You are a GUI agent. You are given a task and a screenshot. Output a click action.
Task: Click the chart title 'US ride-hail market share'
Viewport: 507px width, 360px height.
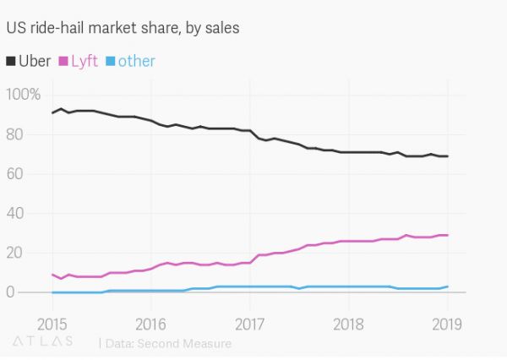123,28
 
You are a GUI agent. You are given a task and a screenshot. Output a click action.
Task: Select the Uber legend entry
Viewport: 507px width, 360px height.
34,61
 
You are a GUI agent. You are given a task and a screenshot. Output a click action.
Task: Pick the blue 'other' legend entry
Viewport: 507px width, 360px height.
135,61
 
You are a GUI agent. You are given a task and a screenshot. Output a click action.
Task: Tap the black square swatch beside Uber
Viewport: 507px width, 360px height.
11,62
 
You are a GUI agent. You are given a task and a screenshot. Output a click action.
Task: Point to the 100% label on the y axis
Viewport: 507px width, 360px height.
23,95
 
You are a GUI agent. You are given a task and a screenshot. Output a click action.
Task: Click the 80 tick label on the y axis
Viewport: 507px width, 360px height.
15,134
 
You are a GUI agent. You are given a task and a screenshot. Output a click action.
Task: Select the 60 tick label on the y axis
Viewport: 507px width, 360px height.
15,174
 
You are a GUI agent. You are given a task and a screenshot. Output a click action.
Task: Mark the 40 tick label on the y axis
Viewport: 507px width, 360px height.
15,214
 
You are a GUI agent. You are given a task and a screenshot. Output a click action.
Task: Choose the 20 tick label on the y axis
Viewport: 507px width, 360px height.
15,254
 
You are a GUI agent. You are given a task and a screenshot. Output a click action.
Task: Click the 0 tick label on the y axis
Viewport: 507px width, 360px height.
10,292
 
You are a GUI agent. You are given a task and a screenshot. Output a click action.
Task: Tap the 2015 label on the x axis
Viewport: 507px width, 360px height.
52,324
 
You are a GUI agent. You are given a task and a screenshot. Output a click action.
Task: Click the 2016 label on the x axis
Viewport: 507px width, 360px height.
150,324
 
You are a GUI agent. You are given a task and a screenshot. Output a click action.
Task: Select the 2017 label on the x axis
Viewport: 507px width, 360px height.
250,324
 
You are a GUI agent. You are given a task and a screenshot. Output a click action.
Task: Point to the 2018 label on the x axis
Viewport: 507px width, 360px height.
348,324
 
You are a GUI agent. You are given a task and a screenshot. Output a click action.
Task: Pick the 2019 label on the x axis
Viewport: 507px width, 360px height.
447,324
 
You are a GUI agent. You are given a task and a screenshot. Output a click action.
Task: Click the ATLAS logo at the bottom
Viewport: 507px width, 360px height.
42,342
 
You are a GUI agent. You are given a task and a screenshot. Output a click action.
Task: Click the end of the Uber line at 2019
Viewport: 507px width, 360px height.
447,156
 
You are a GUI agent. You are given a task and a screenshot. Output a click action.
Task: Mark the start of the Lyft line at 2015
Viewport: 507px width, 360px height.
52,274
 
